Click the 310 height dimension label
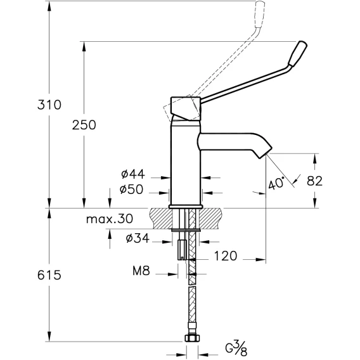click(49, 105)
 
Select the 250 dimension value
click(84, 125)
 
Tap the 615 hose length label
click(49, 275)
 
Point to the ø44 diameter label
click(133, 174)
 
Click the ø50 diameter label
click(131, 190)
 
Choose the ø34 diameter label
click(138, 238)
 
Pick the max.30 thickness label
click(110, 219)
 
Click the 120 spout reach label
click(226, 256)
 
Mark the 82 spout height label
click(315, 181)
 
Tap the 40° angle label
click(277, 183)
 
